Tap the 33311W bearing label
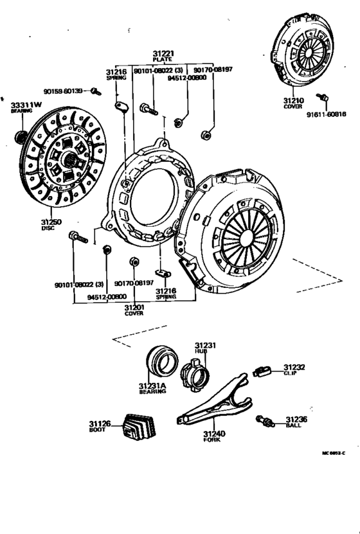click(x=26, y=105)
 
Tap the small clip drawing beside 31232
click(x=261, y=370)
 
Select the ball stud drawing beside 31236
click(x=265, y=421)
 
